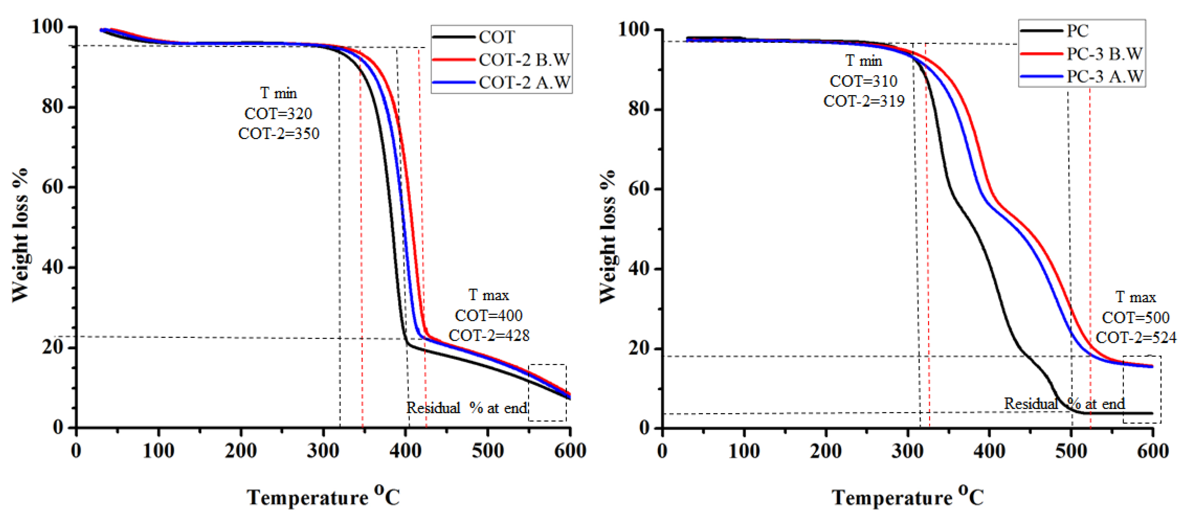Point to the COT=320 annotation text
pos(278,113)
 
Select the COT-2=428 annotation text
pos(489,335)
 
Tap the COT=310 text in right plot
pos(863,81)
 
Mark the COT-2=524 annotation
pos(1136,338)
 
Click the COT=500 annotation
pos(1136,317)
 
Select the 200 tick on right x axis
pos(826,451)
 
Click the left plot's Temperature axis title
pos(323,497)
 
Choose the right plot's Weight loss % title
pos(608,236)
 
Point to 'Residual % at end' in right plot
pos(1064,404)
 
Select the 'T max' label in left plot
pos(489,295)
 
